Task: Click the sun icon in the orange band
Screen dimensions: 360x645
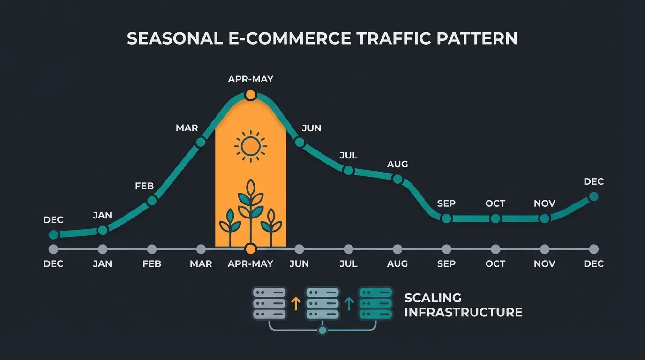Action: [x=251, y=146]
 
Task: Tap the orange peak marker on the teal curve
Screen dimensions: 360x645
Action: [x=250, y=95]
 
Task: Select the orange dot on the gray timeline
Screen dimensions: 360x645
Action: [x=250, y=249]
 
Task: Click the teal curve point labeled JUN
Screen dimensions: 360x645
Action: [x=300, y=142]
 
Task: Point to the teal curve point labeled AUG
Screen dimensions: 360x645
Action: [x=397, y=179]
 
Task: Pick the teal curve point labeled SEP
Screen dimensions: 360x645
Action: [x=446, y=218]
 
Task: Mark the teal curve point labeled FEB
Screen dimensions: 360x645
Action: [x=151, y=201]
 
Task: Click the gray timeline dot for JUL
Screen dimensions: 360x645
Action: [x=348, y=249]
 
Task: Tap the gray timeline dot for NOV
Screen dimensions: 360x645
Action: [x=544, y=249]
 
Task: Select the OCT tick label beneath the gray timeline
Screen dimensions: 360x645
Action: [x=495, y=264]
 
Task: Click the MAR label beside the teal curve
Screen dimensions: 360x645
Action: [x=187, y=128]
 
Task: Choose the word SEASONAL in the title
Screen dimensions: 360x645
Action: [x=175, y=38]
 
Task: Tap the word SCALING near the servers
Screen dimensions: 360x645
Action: [x=433, y=298]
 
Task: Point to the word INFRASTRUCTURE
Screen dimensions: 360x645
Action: [x=463, y=312]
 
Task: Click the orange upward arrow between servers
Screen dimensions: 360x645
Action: [x=295, y=304]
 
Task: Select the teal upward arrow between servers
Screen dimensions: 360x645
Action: [x=348, y=304]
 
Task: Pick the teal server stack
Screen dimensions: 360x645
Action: [x=375, y=303]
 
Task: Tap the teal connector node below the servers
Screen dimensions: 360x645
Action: [x=322, y=330]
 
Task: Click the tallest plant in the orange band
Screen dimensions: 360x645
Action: [x=251, y=211]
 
